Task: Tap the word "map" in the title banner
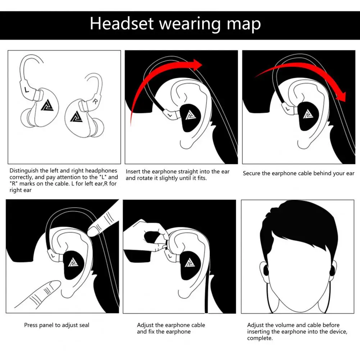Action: coord(244,25)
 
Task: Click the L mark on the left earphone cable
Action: coord(27,90)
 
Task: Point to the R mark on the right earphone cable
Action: coord(95,101)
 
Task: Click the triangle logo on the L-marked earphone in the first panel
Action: coord(47,106)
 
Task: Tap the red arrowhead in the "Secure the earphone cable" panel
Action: coord(341,96)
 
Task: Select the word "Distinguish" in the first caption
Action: coord(24,171)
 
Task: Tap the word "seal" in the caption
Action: coord(84,325)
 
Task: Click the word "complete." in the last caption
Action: coord(260,338)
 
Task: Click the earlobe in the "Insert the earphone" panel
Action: coord(186,144)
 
